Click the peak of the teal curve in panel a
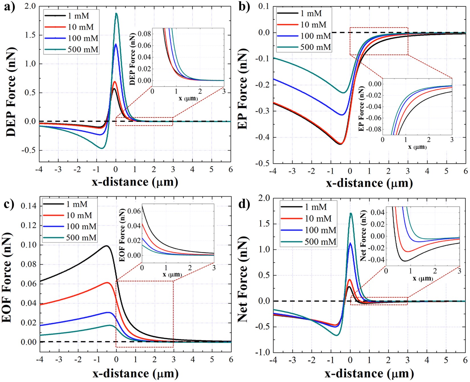coord(116,13)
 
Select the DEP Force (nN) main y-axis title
coord(11,91)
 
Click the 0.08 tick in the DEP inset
coord(144,34)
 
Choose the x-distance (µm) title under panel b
coord(369,183)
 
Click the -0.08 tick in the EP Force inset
coord(373,129)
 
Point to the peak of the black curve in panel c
coord(107,245)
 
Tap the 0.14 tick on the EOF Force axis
coord(28,206)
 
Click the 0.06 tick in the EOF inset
coord(134,211)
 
